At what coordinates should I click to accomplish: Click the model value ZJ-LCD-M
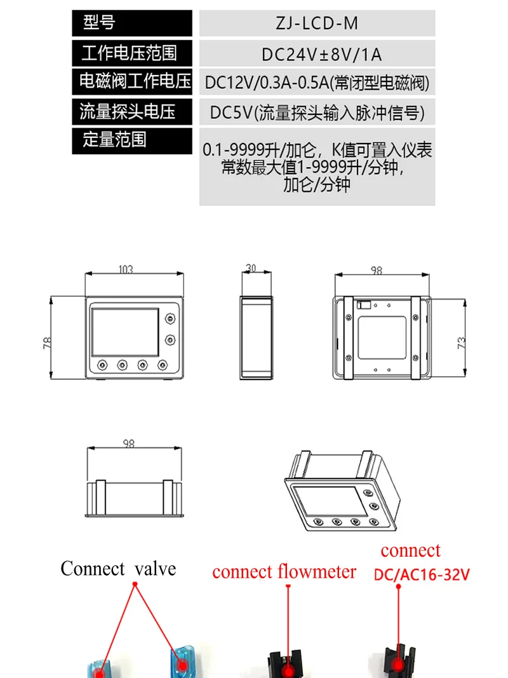pos(317,24)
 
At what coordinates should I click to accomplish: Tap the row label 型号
pos(99,24)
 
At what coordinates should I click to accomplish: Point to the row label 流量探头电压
pos(127,112)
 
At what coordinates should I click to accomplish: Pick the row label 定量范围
pos(114,140)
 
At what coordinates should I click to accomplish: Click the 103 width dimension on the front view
pos(126,269)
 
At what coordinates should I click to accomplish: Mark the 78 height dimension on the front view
pos(46,343)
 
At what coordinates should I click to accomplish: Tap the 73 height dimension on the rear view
pos(462,342)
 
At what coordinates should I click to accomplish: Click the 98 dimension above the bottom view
pos(129,444)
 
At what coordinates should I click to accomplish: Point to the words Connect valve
pos(118,569)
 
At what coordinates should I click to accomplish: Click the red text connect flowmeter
pos(284,571)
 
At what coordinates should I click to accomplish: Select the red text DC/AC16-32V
pos(422,575)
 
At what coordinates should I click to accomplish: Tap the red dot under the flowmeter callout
pos(288,669)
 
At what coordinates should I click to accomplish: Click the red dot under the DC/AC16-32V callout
pos(399,665)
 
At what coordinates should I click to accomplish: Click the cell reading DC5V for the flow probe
pos(317,113)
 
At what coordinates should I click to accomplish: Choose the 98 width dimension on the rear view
pos(377,271)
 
